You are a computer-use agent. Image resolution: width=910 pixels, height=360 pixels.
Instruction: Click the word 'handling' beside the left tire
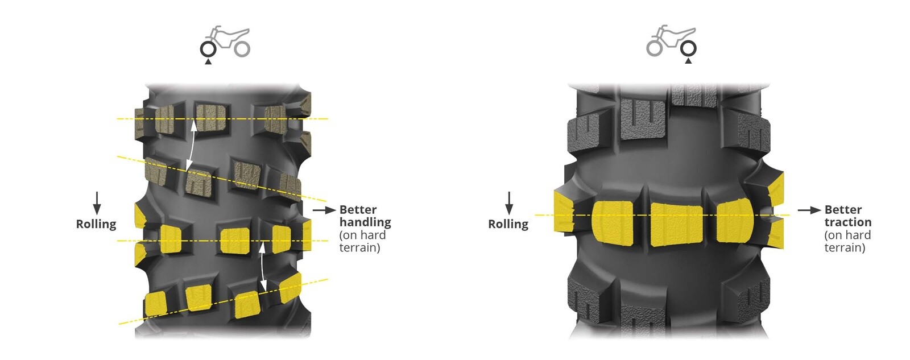click(365, 223)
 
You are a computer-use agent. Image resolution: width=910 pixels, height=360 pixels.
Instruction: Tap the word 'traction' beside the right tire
click(848, 222)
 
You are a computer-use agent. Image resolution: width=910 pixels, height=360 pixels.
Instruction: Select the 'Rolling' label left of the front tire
click(96, 224)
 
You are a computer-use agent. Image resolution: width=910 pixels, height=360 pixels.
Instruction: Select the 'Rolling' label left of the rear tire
click(508, 224)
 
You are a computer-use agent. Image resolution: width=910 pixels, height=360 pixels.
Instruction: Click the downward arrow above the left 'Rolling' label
click(97, 203)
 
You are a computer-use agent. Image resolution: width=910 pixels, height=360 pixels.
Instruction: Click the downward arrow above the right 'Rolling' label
click(508, 203)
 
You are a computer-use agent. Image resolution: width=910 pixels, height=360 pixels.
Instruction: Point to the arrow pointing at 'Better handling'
click(324, 210)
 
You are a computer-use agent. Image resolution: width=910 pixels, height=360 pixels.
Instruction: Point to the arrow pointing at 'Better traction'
click(809, 210)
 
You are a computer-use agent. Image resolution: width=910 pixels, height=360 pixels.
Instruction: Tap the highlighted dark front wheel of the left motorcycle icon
click(208, 49)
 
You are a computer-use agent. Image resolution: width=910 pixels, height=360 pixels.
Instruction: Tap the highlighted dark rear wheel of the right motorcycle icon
click(688, 49)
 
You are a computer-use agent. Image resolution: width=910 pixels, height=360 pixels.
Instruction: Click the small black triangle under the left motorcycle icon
click(208, 62)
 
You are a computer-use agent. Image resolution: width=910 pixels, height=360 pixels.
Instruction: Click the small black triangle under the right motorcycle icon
click(688, 61)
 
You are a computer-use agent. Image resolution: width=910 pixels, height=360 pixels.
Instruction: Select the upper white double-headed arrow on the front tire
click(191, 146)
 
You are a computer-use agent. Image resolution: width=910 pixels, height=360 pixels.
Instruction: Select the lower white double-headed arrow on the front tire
click(263, 267)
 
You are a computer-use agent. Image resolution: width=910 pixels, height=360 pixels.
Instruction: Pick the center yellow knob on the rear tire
click(676, 224)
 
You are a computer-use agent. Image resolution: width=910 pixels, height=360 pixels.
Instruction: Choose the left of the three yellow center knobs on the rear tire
click(613, 223)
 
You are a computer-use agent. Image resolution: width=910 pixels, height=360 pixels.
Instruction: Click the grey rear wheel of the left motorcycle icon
click(242, 49)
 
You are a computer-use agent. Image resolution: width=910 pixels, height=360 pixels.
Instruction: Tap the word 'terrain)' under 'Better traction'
click(845, 248)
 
